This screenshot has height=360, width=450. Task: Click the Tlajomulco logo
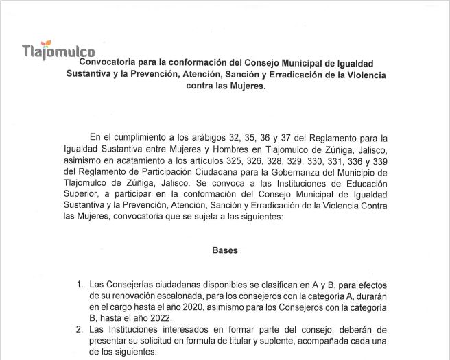(x=58, y=51)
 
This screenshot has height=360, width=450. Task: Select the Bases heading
(x=224, y=251)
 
